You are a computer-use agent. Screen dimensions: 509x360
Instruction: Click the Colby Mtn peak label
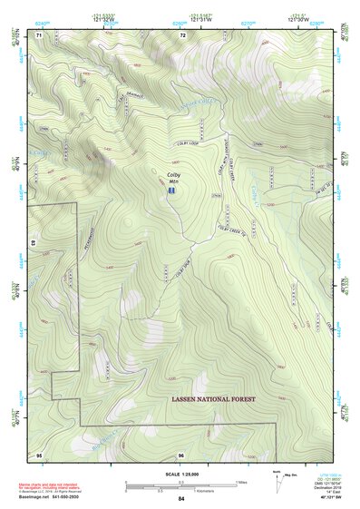click(x=172, y=177)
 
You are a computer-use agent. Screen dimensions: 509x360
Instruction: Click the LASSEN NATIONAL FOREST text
click(x=214, y=399)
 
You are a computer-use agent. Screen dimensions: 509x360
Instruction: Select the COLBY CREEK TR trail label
click(x=232, y=230)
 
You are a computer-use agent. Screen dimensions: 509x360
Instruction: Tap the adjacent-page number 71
click(x=39, y=34)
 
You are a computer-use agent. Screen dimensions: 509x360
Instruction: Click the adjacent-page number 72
click(x=182, y=34)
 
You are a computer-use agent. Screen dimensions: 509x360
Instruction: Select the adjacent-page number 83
click(x=34, y=243)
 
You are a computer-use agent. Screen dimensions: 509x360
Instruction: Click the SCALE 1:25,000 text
click(x=180, y=473)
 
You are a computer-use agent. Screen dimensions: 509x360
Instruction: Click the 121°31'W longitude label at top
click(x=181, y=19)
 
